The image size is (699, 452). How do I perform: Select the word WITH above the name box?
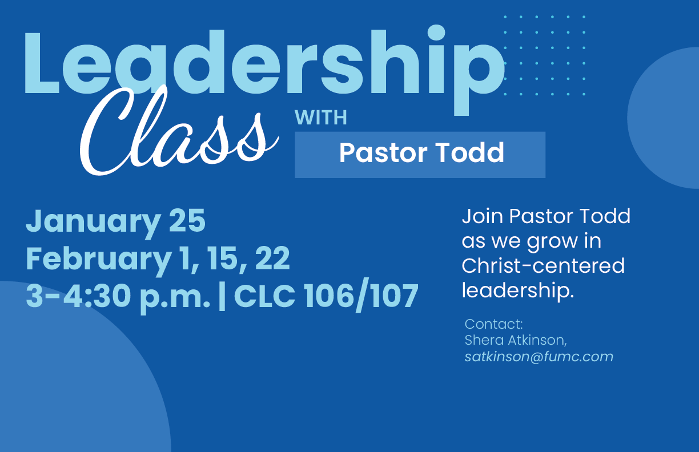coord(320,118)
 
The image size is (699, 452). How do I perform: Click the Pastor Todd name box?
coord(420,154)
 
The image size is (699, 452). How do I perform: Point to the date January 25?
coord(115,222)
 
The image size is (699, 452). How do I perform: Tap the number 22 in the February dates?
coord(272,259)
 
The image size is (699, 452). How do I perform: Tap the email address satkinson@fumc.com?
coord(539,357)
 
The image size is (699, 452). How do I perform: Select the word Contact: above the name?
coord(493,324)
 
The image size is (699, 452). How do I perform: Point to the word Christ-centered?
coord(543,265)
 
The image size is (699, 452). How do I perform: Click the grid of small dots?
coord(544,55)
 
